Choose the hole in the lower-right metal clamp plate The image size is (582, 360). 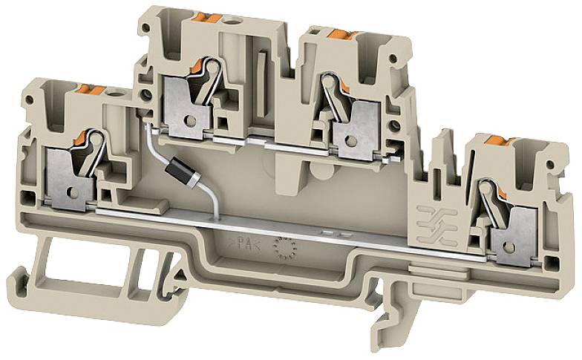(510, 243)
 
